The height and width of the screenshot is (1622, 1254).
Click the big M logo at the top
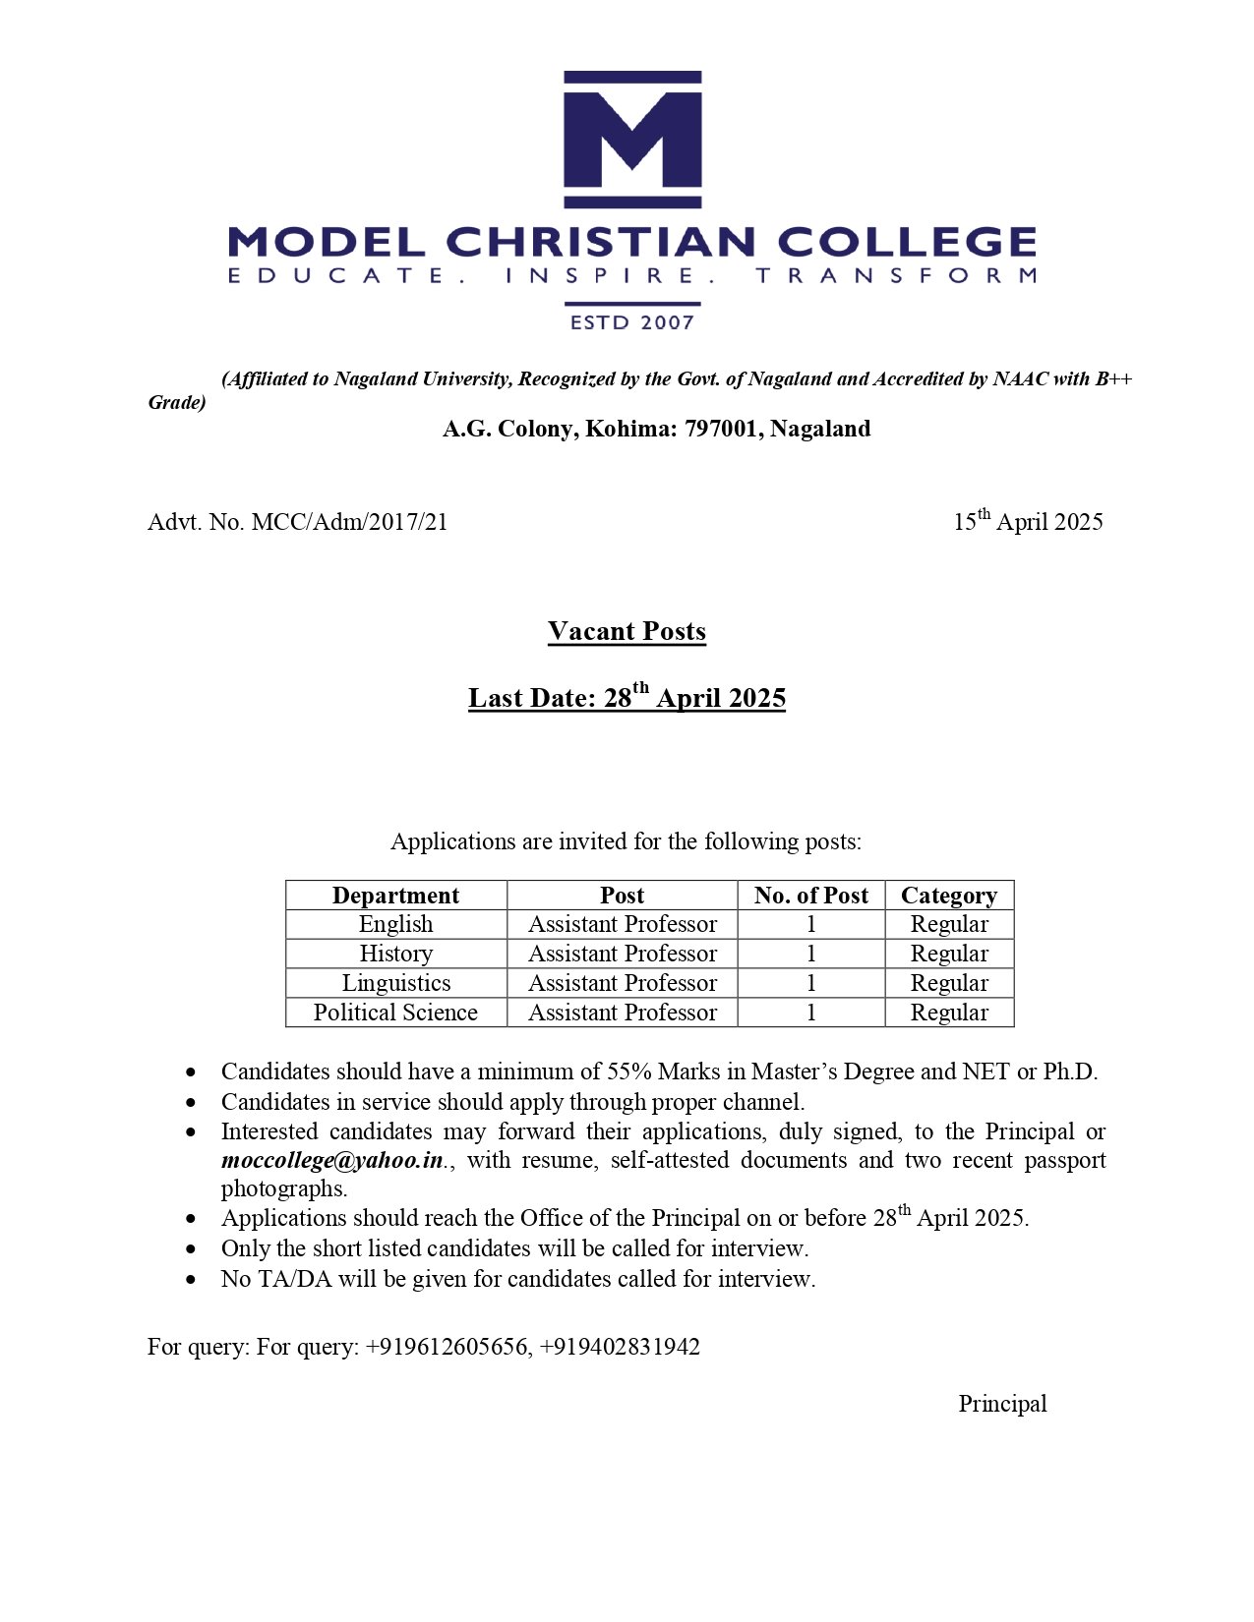(631, 139)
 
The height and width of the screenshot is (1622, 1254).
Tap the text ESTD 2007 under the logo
(631, 322)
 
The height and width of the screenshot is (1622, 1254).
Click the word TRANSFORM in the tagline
(896, 275)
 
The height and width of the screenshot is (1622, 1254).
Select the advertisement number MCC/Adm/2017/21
(349, 522)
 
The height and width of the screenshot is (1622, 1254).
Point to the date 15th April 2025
(1028, 521)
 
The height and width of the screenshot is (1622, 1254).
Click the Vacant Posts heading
(627, 631)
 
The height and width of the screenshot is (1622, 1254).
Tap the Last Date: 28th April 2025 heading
(627, 698)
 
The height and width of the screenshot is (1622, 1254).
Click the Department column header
(395, 896)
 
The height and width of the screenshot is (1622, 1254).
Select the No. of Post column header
(810, 896)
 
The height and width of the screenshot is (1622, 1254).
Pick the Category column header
(948, 896)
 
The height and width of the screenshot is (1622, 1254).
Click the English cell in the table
(395, 924)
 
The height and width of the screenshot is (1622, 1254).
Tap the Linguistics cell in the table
(395, 983)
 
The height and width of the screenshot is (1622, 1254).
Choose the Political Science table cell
(395, 1013)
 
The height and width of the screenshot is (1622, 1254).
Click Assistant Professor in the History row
(622, 954)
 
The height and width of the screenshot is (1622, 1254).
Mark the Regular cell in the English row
(948, 924)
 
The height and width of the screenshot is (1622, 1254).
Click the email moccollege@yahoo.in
(332, 1160)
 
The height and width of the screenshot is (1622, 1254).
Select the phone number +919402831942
(620, 1347)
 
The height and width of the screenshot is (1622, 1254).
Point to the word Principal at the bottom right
(1002, 1404)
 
